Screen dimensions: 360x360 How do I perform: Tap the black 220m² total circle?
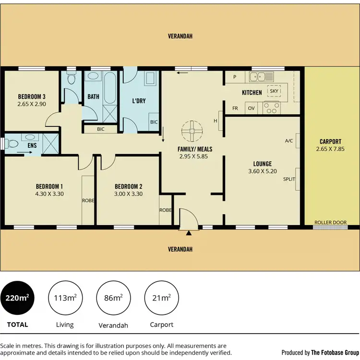17,298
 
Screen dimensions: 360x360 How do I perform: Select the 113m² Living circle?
65,298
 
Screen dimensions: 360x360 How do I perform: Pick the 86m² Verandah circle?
113,298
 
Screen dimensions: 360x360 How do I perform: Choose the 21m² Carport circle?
161,298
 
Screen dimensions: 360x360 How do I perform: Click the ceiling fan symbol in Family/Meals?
192,130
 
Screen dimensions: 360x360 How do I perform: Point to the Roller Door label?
330,222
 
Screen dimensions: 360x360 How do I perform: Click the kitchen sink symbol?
260,76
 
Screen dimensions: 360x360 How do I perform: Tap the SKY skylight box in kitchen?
274,91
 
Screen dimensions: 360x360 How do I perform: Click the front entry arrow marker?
189,233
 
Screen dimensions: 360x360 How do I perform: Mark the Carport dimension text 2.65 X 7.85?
330,149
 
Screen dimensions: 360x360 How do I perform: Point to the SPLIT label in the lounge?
289,179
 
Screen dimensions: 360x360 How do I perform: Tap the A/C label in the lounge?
289,141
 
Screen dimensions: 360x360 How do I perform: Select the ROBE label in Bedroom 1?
88,201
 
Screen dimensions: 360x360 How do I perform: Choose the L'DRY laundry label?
139,101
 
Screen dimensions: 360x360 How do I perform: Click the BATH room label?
93,96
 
